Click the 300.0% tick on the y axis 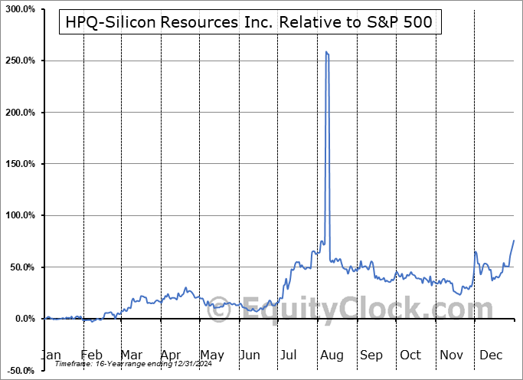click(x=18, y=9)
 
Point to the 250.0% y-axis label click(x=18, y=61)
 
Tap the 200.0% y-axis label click(x=18, y=113)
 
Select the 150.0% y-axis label click(x=18, y=164)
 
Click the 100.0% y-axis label click(x=18, y=216)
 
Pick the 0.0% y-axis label click(x=21, y=319)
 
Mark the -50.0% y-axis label click(x=18, y=371)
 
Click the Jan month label click(x=51, y=355)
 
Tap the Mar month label click(x=132, y=355)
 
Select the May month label click(x=211, y=355)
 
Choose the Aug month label click(x=331, y=355)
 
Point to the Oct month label click(x=410, y=355)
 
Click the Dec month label click(x=490, y=355)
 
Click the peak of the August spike click(x=327, y=52)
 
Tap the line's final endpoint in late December click(x=514, y=241)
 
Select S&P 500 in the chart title click(x=404, y=23)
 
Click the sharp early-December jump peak click(x=476, y=251)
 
